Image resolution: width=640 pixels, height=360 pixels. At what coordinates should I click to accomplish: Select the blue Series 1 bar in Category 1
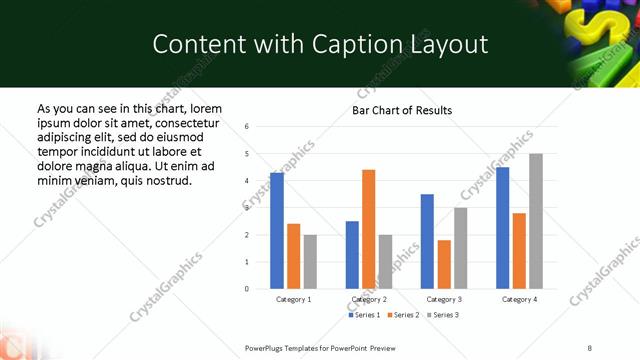[x=277, y=230]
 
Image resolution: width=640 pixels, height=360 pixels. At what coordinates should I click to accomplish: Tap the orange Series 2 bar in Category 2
[x=368, y=229]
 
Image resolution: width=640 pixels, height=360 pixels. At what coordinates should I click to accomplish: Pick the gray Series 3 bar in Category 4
[x=536, y=221]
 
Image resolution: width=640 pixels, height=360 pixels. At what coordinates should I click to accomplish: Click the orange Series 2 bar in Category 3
[x=444, y=264]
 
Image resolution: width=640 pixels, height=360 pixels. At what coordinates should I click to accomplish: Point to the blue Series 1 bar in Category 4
[x=502, y=228]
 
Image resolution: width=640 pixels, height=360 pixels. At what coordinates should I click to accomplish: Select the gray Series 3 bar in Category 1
[x=310, y=261]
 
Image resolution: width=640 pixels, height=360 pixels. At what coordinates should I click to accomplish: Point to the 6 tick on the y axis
[x=247, y=126]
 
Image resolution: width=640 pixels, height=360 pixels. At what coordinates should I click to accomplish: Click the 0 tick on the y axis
[x=247, y=289]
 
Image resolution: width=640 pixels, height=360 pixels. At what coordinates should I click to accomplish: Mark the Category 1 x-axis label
[x=293, y=300]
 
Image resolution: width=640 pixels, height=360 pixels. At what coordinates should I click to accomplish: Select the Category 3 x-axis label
[x=444, y=300]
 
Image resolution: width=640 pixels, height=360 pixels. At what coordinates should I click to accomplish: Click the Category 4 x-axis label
[x=519, y=300]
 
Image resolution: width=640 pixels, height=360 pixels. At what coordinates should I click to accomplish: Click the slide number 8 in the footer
[x=590, y=348]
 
